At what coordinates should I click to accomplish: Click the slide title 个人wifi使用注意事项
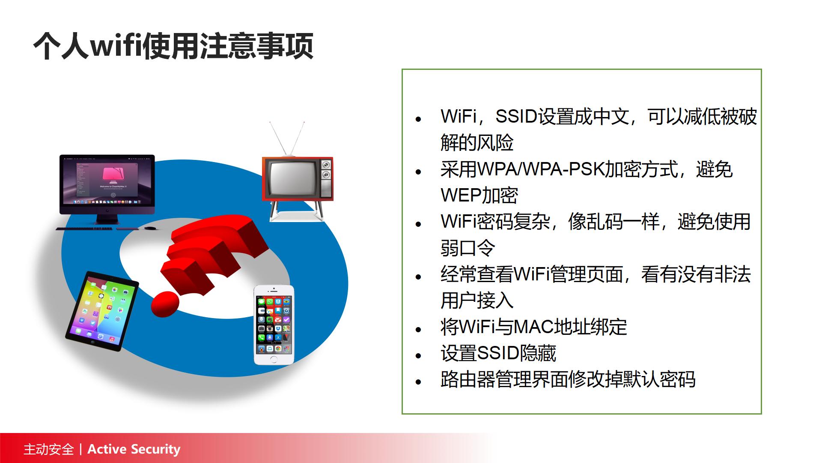tap(173, 46)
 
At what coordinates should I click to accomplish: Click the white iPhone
tap(274, 325)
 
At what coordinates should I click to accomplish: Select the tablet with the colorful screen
tap(102, 311)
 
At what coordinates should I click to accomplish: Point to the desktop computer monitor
tap(107, 189)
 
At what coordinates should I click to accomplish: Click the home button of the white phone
tap(274, 359)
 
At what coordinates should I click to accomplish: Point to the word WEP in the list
tap(461, 195)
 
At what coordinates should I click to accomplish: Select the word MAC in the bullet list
tap(533, 327)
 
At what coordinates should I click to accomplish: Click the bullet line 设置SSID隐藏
tap(498, 353)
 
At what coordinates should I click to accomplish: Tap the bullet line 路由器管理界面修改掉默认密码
tap(568, 379)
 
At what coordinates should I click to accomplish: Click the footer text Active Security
tap(134, 449)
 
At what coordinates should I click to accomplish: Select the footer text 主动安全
tap(49, 449)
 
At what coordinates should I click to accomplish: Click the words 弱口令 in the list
tap(468, 248)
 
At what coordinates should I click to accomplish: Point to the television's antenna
tap(287, 138)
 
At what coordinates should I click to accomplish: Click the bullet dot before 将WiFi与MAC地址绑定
tap(419, 329)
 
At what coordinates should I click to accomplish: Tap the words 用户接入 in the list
tap(477, 300)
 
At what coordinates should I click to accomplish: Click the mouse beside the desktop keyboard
tap(150, 228)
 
